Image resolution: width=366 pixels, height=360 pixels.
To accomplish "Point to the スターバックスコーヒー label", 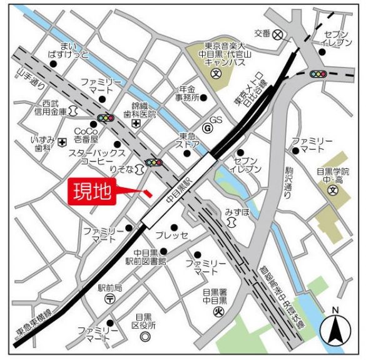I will (x=97, y=157).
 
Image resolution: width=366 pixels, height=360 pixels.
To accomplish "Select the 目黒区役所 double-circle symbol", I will (x=145, y=337).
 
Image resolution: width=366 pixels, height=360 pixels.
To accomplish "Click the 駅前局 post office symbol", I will (x=109, y=299).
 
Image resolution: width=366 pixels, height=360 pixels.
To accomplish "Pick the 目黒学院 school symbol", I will (x=332, y=190).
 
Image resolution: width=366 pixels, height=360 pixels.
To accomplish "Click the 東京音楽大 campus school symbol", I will (x=215, y=74).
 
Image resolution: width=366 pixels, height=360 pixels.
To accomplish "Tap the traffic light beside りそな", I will (x=153, y=163).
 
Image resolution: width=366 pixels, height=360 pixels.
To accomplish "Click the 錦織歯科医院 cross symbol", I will (x=136, y=125).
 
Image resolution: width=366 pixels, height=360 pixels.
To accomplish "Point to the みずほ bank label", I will (x=238, y=213).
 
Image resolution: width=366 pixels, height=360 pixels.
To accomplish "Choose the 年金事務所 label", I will (x=186, y=93).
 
